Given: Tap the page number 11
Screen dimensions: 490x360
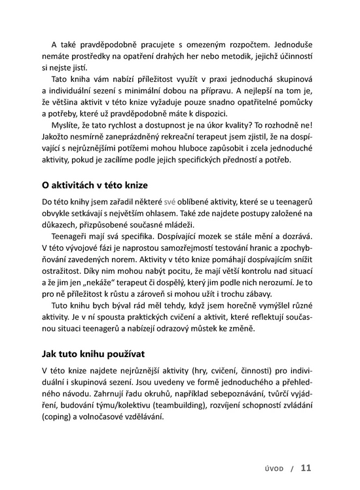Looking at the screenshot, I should click(x=306, y=468).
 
